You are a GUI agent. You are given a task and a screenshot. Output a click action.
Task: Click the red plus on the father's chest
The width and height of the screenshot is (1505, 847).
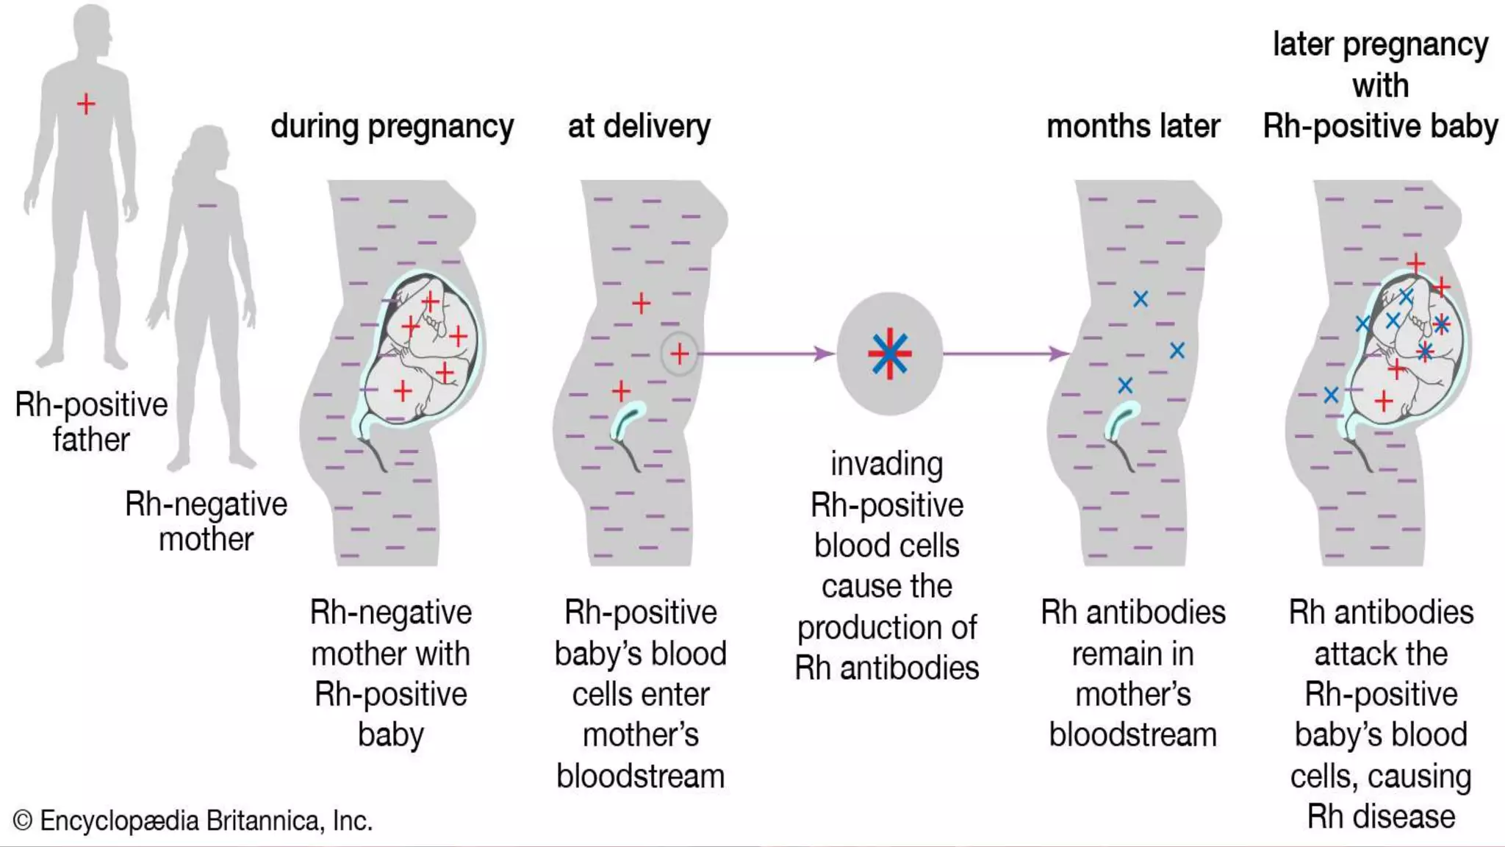tap(86, 104)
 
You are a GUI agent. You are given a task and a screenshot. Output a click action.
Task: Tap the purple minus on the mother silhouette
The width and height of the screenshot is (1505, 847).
tap(207, 205)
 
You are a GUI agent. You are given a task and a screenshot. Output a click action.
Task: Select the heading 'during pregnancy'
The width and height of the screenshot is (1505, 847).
tap(392, 126)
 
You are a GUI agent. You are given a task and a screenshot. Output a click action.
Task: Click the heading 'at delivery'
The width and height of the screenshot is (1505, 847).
tap(639, 126)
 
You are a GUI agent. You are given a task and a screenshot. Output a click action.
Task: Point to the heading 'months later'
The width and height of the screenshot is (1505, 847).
tap(1132, 126)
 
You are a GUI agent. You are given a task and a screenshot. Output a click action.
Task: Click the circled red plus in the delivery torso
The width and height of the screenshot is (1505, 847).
tap(680, 354)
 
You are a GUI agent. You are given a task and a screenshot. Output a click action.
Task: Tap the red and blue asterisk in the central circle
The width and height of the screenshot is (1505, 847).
tap(889, 354)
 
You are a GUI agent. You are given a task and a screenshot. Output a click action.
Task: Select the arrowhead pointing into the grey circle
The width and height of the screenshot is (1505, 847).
tap(825, 354)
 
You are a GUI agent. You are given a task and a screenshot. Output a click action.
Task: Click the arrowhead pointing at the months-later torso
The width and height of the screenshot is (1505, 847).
tap(1059, 354)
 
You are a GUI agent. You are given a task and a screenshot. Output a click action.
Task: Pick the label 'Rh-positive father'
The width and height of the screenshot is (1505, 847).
tap(91, 422)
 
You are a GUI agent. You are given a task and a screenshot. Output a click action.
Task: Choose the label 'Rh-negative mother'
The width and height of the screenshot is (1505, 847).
tap(206, 521)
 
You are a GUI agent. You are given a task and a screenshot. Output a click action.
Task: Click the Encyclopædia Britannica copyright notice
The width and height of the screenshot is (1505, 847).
tap(193, 821)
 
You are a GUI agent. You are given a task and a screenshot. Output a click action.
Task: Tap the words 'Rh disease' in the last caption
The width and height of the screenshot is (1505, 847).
tap(1380, 817)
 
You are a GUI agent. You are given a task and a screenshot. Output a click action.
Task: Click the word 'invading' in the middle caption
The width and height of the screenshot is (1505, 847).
tap(886, 464)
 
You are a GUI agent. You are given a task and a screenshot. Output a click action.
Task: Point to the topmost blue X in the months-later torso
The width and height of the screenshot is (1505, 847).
tap(1141, 299)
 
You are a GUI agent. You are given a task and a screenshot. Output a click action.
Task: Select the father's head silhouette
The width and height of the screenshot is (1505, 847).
tap(92, 29)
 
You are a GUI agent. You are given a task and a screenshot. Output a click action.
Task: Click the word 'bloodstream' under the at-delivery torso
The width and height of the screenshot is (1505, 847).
tap(640, 776)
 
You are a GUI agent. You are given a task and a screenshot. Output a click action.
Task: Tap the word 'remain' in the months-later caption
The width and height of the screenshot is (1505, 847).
tap(1132, 654)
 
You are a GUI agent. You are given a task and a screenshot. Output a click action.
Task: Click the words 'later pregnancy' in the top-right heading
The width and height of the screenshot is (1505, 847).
tap(1380, 45)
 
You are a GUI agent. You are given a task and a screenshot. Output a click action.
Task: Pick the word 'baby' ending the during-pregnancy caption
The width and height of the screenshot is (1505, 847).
tap(391, 735)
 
